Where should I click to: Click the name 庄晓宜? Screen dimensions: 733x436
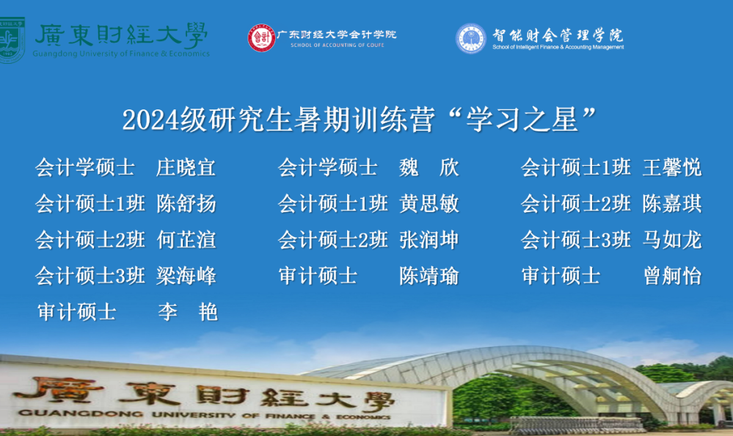pos(186,167)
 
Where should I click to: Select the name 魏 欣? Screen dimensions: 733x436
pos(429,167)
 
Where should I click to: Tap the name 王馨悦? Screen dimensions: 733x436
pos(672,167)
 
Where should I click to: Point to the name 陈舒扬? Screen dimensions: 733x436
pos(186,203)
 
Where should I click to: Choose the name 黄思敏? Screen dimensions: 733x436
pos(429,203)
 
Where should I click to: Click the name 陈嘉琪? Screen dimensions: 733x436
pos(672,203)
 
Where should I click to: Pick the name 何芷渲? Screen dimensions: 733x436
pos(186,239)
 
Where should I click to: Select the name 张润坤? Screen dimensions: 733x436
pos(429,239)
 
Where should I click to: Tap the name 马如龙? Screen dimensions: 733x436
pos(672,239)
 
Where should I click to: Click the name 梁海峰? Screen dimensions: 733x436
pos(186,275)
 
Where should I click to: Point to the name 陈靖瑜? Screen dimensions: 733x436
pos(429,275)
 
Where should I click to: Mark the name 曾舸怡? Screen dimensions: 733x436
pos(672,275)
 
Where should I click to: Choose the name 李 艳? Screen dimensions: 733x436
pos(187,311)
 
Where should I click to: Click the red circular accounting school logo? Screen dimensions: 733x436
pos(262,38)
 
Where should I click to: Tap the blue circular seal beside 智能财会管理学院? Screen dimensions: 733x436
pos(471,38)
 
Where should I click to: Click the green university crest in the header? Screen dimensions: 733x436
pos(10,40)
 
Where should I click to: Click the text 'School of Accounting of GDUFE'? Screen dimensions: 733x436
pos(337,46)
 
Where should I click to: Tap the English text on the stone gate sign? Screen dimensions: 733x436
pos(204,415)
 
